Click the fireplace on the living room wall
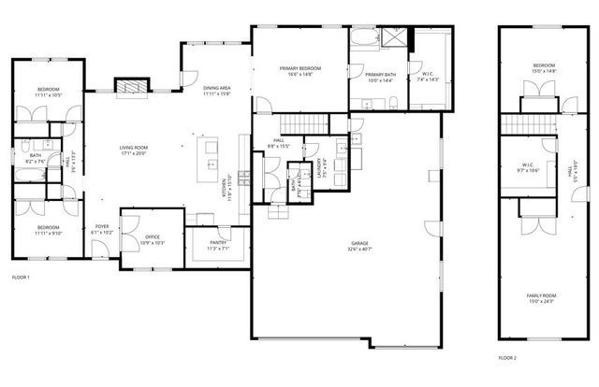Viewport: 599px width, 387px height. (130, 85)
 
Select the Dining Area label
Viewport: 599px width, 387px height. (216, 91)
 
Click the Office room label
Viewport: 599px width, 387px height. (152, 239)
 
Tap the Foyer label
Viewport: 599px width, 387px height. (103, 229)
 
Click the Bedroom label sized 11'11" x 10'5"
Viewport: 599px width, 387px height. (48, 93)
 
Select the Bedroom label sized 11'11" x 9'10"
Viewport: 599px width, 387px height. (48, 231)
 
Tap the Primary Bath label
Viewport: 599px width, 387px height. (379, 78)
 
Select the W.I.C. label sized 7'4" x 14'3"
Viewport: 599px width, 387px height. (428, 78)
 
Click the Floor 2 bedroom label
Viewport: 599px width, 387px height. (543, 68)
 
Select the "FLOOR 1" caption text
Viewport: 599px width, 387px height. (21, 278)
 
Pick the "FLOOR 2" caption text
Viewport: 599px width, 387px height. (506, 358)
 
